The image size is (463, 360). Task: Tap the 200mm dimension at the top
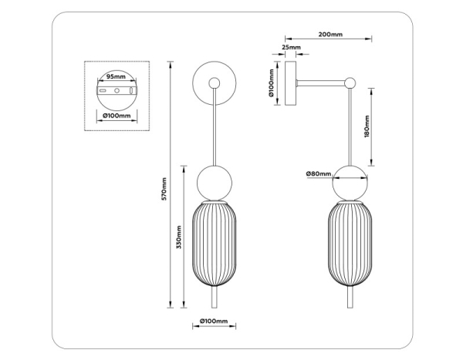pyautogui.click(x=330, y=35)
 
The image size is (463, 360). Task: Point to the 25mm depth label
pyautogui.click(x=291, y=48)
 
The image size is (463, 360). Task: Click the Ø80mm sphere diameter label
pyautogui.click(x=317, y=173)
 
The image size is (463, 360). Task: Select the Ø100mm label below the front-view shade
pyautogui.click(x=213, y=320)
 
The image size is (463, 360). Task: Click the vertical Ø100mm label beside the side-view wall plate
pyautogui.click(x=272, y=84)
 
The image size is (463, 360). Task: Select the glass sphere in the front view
pyautogui.click(x=214, y=182)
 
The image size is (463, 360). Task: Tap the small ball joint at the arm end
pyautogui.click(x=352, y=80)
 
